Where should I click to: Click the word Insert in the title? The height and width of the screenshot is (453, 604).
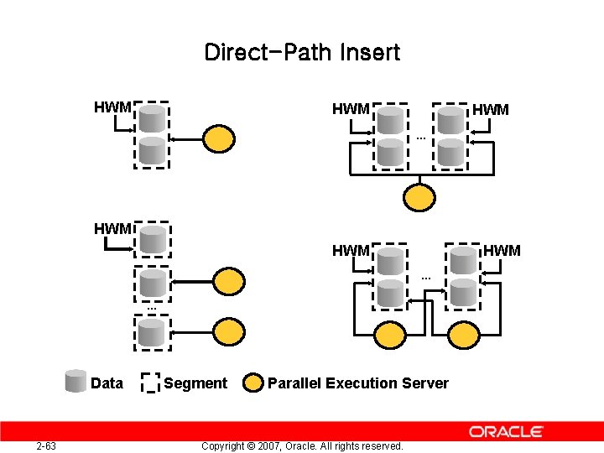point(370,53)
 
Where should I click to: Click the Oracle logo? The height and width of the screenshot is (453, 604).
point(506,431)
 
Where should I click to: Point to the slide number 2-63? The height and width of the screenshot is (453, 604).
point(46,445)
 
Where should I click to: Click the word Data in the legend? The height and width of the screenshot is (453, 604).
point(107,383)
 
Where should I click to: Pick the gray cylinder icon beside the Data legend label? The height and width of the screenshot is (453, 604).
point(76,382)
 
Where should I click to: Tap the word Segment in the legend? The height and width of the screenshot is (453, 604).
point(195,383)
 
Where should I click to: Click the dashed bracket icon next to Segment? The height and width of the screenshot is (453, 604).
point(150,383)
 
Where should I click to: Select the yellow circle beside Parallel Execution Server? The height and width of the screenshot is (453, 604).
point(253,383)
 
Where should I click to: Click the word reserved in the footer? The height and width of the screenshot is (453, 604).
point(378,445)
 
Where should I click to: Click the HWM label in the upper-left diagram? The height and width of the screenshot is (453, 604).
point(112,107)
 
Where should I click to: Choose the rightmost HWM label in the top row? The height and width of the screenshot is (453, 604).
point(491,110)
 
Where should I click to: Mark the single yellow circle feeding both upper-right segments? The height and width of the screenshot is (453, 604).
point(419,196)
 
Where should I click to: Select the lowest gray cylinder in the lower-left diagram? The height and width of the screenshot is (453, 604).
point(152,333)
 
